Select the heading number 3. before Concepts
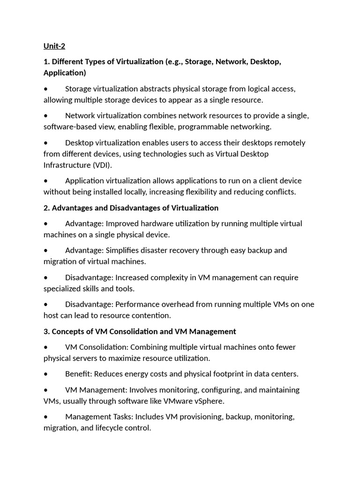click(x=46, y=331)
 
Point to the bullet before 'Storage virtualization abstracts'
click(x=45, y=89)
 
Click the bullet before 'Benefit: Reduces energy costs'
click(x=45, y=374)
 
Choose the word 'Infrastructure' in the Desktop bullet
click(x=66, y=165)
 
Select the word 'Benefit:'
click(x=81, y=374)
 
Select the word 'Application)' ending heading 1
click(x=65, y=73)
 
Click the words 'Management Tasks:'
click(x=95, y=417)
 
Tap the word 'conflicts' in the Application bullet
click(x=279, y=192)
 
